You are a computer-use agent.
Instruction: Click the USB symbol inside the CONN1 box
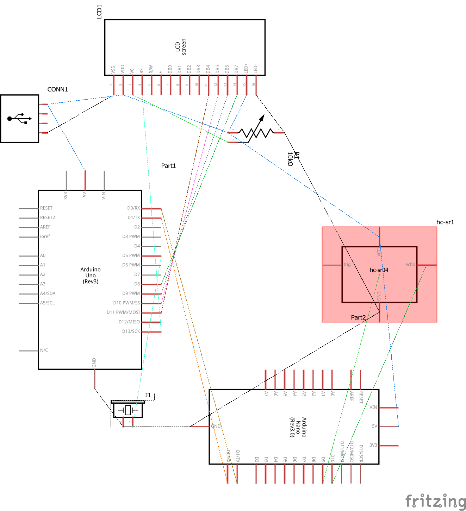click(19, 119)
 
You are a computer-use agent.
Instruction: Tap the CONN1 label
click(57, 89)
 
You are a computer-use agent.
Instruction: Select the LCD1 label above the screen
click(99, 12)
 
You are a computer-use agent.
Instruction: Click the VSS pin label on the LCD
click(113, 70)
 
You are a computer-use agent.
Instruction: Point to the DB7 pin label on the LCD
click(237, 69)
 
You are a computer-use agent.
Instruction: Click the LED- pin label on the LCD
click(256, 69)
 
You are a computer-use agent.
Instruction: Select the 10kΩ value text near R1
click(290, 159)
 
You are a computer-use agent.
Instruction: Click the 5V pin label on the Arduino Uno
click(85, 195)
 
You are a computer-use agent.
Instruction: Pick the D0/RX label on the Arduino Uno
click(133, 208)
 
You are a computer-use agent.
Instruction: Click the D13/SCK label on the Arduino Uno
click(131, 331)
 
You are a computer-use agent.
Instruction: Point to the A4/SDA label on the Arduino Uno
click(48, 293)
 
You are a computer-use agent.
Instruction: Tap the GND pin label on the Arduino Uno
click(94, 362)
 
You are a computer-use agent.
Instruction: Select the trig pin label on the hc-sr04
click(347, 265)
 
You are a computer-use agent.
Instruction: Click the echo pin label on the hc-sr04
click(410, 265)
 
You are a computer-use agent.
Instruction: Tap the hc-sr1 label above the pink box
click(445, 222)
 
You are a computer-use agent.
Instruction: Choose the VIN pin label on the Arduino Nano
click(373, 407)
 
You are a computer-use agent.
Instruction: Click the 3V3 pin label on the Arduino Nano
click(373, 445)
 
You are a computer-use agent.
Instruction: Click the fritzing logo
click(435, 501)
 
